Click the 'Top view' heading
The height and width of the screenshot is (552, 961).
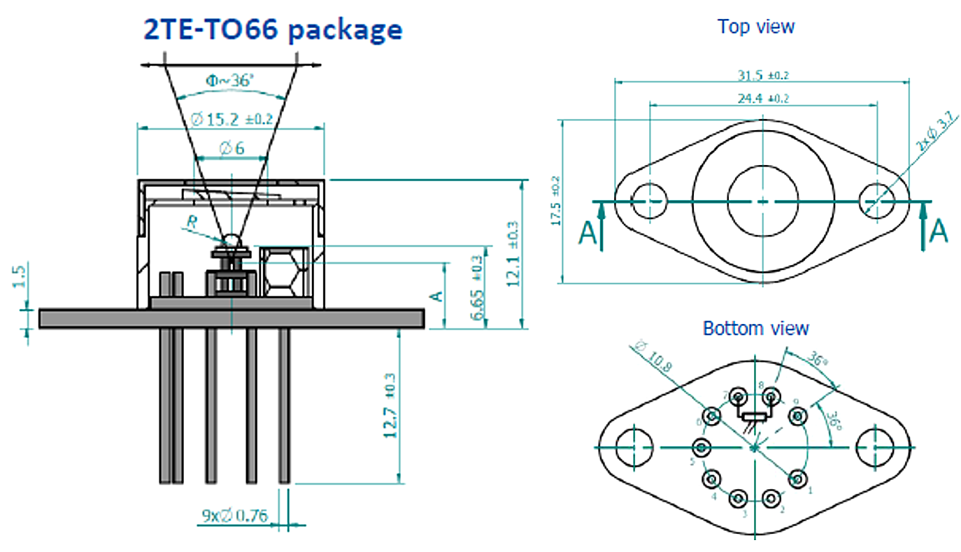point(755,27)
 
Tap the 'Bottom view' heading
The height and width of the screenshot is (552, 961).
point(755,327)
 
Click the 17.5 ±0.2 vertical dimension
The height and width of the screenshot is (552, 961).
point(556,200)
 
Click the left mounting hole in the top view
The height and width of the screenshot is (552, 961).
point(648,201)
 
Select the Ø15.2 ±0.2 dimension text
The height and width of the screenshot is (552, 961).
point(231,119)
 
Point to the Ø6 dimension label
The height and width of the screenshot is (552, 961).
point(231,148)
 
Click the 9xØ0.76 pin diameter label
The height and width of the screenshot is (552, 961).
point(235,516)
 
